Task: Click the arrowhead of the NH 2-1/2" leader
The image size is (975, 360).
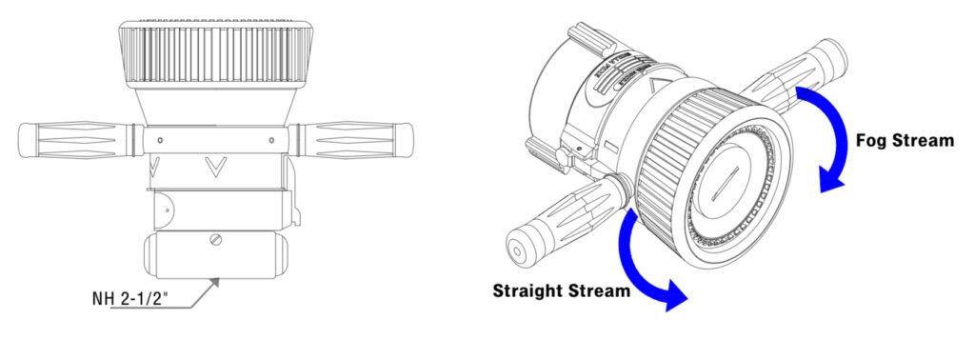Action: coord(218,279)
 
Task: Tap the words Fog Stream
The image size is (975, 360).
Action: coord(904,140)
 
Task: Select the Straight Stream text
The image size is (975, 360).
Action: coord(561,290)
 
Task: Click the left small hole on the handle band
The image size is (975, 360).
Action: coord(160,140)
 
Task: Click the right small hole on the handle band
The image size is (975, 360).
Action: coord(272,140)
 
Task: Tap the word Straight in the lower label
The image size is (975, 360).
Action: coord(529,290)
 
